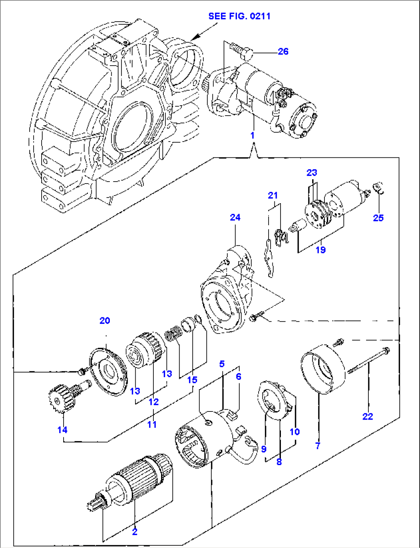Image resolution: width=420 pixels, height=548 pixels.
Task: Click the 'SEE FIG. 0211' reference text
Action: (239, 16)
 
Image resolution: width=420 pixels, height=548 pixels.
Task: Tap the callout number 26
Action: (283, 51)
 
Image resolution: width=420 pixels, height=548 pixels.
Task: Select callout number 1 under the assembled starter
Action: (252, 135)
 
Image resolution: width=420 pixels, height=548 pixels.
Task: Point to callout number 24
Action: (235, 218)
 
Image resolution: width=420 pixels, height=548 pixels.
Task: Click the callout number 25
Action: (378, 218)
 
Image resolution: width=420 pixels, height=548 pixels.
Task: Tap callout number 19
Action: (320, 250)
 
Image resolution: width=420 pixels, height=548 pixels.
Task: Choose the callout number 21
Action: (273, 196)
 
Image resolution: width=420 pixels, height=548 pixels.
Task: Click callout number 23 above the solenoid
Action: (311, 173)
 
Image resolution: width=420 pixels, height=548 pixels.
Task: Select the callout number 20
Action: (105, 320)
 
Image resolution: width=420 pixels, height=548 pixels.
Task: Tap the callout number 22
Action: (368, 416)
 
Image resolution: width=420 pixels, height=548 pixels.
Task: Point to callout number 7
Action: (318, 446)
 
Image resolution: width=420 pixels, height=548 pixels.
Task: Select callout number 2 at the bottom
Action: (134, 532)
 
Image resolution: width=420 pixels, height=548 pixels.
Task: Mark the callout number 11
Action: (152, 424)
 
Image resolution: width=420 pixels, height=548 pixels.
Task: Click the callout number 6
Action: (239, 376)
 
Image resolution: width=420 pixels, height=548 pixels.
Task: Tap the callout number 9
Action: (264, 449)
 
